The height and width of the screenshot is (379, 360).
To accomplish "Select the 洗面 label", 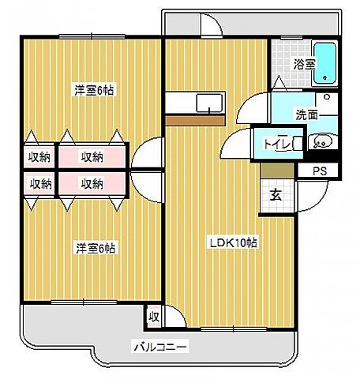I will click(x=287, y=113).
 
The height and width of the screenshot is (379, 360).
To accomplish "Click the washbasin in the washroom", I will click(x=322, y=143).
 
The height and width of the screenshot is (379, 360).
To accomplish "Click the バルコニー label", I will click(x=160, y=346).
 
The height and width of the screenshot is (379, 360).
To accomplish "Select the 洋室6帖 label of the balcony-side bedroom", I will click(x=96, y=248).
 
